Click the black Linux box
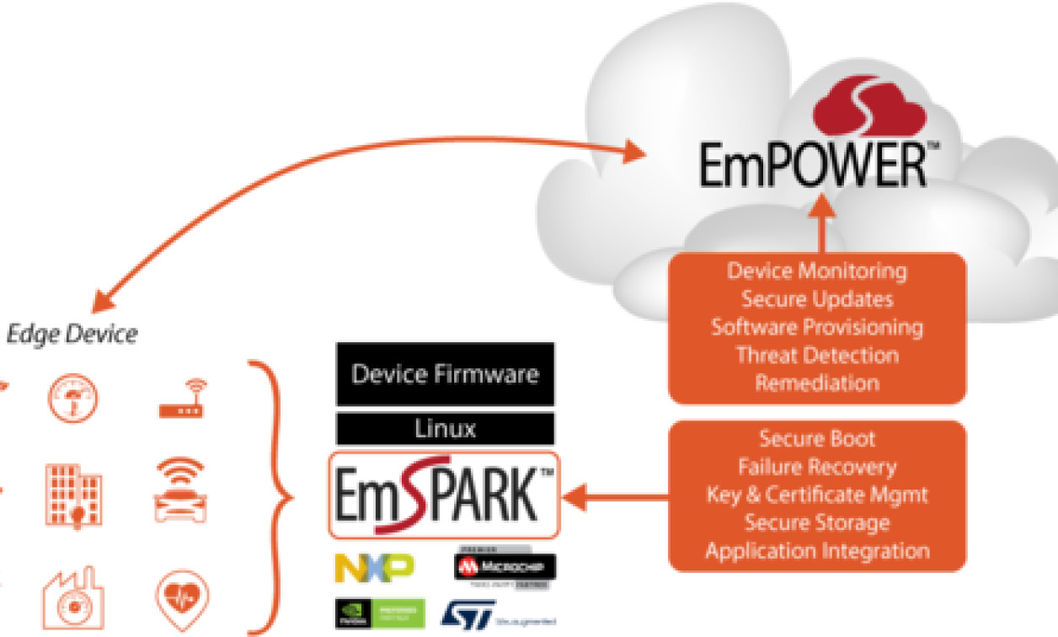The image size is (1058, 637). pos(445,428)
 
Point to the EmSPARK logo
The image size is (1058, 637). pos(443,495)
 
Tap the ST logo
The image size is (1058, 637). pos(472,613)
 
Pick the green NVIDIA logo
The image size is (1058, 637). pos(378,613)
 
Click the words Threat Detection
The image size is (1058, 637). pos(817,355)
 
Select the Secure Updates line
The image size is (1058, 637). pos(817,299)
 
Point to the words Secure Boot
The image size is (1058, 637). pos(817,439)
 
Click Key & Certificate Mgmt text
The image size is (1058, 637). pos(817,495)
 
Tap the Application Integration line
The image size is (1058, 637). pos(817,551)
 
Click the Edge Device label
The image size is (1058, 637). pos(72,334)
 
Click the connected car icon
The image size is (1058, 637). pos(179,490)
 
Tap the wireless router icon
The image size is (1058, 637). pos(183,401)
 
